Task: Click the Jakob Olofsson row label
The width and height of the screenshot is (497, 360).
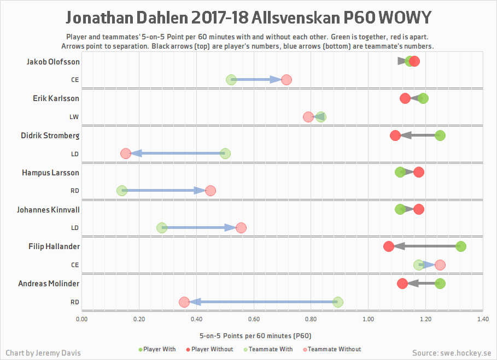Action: pos(53,62)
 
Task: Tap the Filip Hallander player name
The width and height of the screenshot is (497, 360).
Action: pos(54,246)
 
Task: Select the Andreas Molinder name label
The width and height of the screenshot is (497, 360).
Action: pos(49,284)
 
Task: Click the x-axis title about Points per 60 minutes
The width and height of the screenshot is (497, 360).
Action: pos(255,335)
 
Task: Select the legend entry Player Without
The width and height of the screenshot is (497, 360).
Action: pos(210,349)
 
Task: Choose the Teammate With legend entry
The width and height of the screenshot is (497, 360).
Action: pos(271,349)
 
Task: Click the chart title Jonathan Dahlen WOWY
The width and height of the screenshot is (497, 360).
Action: pos(248,18)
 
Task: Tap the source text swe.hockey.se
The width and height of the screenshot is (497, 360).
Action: pos(451,353)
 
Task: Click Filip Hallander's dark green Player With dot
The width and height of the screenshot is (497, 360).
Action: pos(460,246)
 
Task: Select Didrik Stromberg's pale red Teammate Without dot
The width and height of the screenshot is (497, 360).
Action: pos(126,154)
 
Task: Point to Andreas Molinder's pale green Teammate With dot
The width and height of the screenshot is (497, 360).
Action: pos(338,302)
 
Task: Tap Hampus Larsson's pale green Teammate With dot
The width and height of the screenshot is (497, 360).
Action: pos(122,191)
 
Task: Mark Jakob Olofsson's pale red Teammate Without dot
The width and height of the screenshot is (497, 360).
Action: pos(286,80)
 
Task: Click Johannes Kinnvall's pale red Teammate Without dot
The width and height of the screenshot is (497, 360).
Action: pos(241,228)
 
